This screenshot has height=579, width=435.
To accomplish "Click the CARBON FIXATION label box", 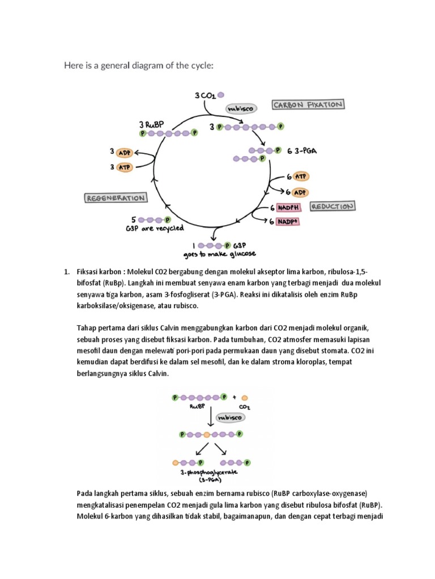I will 309,105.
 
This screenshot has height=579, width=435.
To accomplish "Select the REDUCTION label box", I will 333,206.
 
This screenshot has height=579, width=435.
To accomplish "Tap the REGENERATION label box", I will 116,198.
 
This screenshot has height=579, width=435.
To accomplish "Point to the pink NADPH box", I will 288,208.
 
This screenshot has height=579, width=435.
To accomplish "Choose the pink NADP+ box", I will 288,222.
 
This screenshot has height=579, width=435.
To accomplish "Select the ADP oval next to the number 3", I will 124,152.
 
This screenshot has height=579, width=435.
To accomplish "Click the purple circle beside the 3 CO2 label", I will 221,95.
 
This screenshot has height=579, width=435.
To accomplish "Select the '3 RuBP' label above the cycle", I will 151,124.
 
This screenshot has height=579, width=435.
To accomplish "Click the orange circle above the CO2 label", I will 244,397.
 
